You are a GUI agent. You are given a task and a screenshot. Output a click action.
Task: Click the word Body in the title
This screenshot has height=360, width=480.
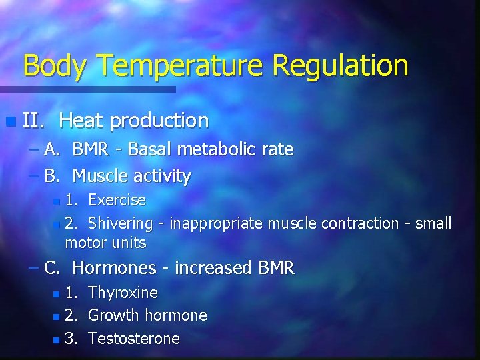[55, 66]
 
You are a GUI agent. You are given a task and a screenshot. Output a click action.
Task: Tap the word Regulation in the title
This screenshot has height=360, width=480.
[339, 66]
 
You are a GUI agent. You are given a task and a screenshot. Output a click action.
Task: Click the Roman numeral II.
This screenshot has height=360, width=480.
[33, 121]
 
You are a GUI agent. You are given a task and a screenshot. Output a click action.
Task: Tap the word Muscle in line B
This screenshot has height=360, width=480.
[99, 176]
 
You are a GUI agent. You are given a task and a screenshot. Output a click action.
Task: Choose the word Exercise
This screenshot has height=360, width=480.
[117, 200]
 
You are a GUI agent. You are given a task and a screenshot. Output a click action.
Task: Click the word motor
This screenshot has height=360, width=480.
[85, 242]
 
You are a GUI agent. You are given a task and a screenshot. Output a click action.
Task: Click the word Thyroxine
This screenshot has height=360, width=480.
[123, 293]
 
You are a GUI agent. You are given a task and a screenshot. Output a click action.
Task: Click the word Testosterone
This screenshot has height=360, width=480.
[134, 339]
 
